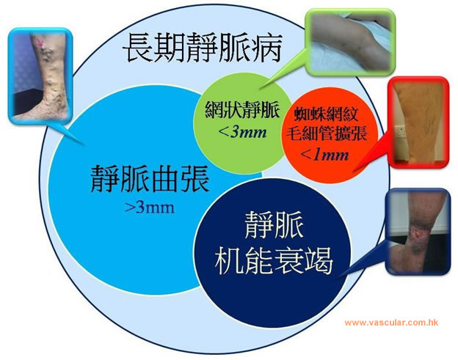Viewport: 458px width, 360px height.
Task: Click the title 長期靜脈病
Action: (x=202, y=48)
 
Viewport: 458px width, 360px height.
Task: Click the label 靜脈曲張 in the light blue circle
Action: (x=150, y=179)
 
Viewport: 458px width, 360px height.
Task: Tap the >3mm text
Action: (x=150, y=207)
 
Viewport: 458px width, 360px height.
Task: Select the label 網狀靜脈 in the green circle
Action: (x=242, y=110)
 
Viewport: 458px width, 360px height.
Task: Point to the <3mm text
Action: (x=242, y=132)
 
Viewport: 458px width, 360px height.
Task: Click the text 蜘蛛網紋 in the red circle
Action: (x=326, y=114)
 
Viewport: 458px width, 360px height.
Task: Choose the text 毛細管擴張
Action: (x=326, y=133)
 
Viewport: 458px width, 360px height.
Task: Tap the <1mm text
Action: (x=324, y=154)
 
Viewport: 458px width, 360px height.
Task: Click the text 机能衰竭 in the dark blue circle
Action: (x=274, y=260)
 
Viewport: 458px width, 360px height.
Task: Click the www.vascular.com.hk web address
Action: (x=391, y=323)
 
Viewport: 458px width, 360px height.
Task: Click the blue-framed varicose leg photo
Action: (x=40, y=76)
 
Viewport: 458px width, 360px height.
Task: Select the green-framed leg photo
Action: (x=350, y=42)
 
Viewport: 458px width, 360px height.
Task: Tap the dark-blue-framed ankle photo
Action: (x=418, y=232)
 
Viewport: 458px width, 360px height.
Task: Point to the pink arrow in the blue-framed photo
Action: (x=40, y=43)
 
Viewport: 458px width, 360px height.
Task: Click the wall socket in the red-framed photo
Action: (x=400, y=131)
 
